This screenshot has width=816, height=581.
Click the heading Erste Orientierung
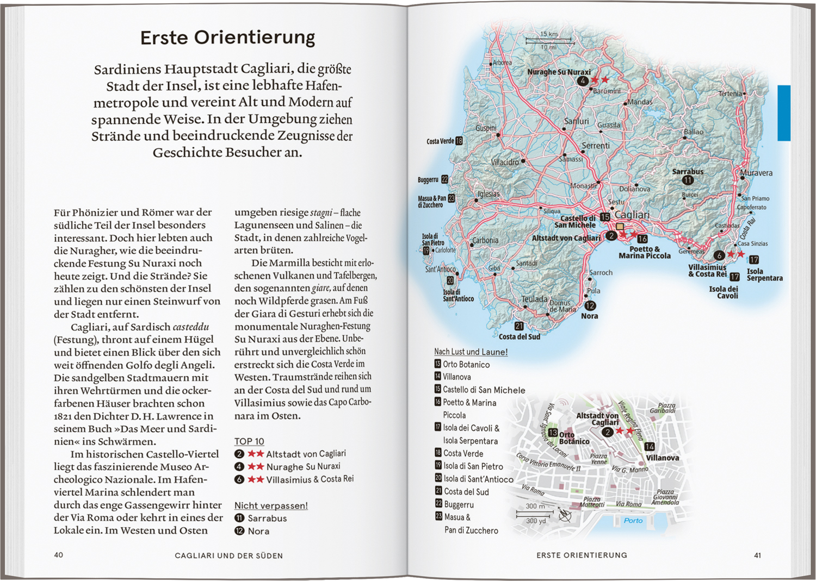[227, 38]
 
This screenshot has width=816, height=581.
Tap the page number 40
[58, 555]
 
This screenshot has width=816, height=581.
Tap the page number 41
[757, 555]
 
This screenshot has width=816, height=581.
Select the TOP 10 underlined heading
[249, 441]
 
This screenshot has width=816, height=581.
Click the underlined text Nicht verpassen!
[271, 505]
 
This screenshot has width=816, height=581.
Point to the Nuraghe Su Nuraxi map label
[559, 72]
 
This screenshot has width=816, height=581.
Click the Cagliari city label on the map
[632, 215]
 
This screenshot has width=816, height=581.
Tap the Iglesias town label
[488, 193]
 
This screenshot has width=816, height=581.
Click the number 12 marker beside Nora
[590, 306]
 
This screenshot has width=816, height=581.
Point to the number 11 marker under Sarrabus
[688, 180]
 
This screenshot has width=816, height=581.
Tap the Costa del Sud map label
[520, 336]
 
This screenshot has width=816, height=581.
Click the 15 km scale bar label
[549, 34]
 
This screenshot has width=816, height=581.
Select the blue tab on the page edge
[783, 113]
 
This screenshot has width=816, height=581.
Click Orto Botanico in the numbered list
[466, 364]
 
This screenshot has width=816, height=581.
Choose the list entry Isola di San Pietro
[473, 466]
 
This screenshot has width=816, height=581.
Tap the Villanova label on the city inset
[662, 458]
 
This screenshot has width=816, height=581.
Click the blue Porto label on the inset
[633, 520]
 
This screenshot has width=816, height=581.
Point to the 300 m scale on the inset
[535, 506]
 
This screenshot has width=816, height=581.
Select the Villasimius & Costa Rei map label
[707, 270]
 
